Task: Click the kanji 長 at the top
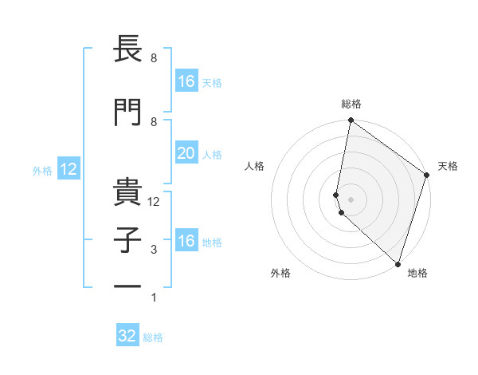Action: (127, 50)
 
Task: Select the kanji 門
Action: (127, 112)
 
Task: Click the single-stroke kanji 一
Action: (127, 285)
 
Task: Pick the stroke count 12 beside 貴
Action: (155, 202)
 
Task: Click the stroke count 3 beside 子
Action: (155, 250)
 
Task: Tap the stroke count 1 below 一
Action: (155, 298)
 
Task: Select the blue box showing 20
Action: (186, 153)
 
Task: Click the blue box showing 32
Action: (127, 336)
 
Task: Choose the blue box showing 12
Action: (68, 169)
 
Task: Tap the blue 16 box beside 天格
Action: (186, 81)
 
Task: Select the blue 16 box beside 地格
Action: (186, 241)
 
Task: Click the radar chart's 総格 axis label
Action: (351, 104)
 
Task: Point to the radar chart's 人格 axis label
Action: (255, 166)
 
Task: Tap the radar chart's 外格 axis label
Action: (280, 273)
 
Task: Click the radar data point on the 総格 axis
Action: (351, 120)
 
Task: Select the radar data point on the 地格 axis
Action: (398, 264)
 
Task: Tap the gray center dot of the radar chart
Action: (351, 199)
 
